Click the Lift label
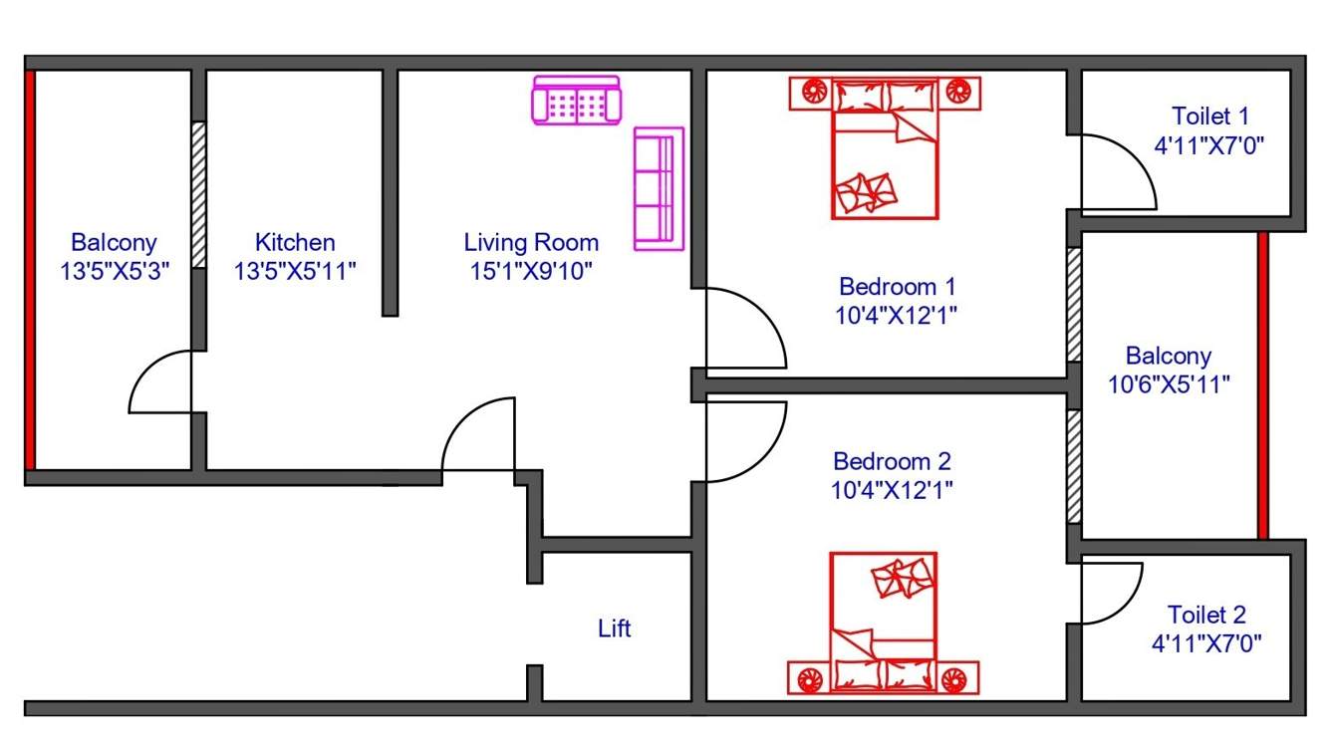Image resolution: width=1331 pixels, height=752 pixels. point(614,628)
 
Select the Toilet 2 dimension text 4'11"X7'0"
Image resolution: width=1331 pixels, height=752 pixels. point(1206,643)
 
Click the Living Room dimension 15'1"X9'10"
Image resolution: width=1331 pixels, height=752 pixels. point(531,270)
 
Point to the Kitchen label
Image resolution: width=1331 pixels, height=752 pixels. point(295,242)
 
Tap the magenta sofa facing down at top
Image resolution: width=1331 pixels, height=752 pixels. point(576,102)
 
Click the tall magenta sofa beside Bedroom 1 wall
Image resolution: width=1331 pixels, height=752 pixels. point(659,189)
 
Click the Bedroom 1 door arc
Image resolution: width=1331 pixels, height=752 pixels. point(744,329)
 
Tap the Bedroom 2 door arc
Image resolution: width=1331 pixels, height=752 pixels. point(744,441)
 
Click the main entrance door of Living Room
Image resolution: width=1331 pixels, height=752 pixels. point(479,434)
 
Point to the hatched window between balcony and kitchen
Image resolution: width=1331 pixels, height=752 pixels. point(198,194)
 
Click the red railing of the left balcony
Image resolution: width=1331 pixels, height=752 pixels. point(30,269)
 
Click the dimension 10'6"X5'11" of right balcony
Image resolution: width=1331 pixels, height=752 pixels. point(1169,383)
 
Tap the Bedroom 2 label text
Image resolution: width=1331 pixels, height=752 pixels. point(892,461)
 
